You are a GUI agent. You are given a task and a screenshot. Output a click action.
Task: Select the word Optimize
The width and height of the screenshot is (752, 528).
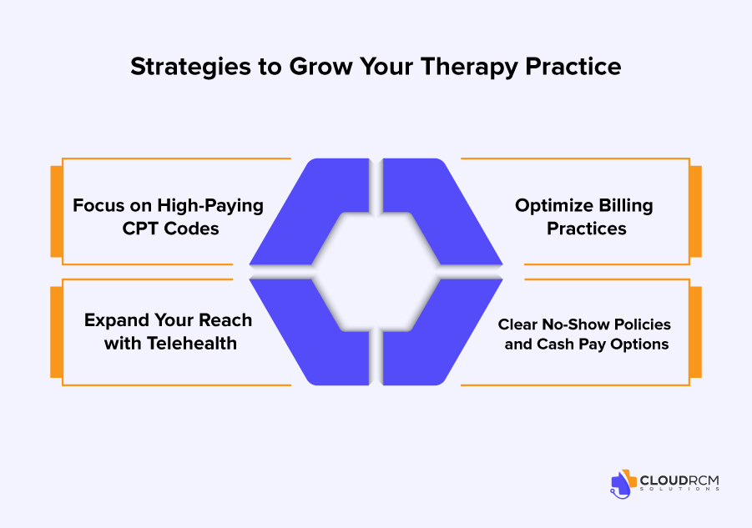pos(552,205)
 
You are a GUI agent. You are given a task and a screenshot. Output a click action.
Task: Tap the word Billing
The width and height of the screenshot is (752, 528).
pos(623,205)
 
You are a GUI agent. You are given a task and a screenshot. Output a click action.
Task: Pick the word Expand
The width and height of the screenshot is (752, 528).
pos(114,320)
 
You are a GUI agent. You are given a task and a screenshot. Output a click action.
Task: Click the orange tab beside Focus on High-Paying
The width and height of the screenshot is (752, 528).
pos(57,211)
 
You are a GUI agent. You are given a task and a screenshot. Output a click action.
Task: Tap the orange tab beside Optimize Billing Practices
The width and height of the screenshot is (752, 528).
pos(695,211)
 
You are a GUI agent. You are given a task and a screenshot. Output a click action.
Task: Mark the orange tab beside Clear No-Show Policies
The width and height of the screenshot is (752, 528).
pos(695,332)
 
